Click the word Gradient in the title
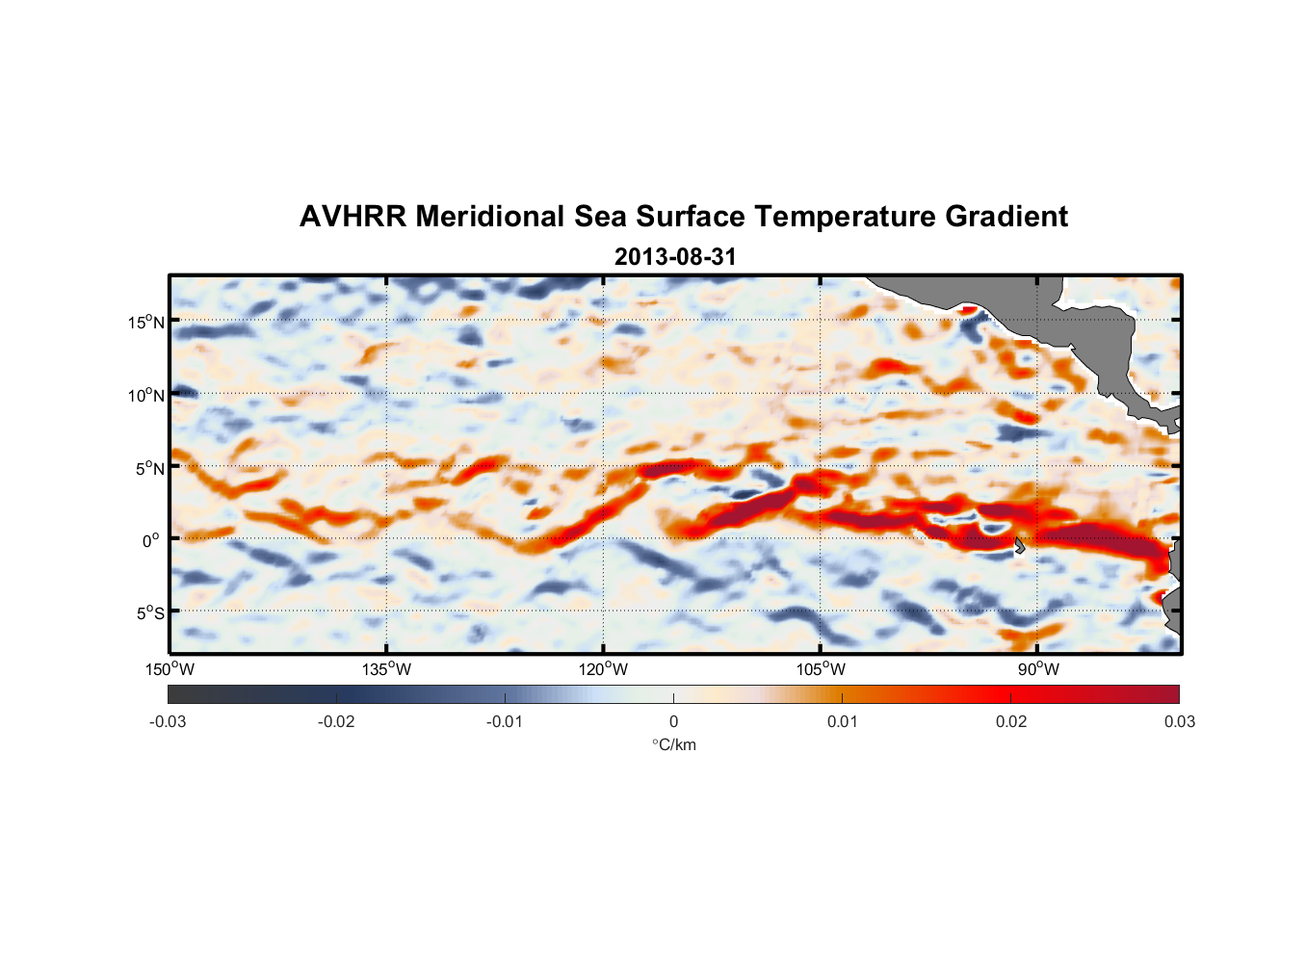1006,217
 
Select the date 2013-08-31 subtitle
675,257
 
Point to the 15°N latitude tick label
146,322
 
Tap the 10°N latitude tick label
146,395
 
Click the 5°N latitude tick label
150,468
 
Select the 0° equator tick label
151,540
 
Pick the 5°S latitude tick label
150,612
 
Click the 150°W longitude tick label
170,669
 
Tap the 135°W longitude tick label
387,669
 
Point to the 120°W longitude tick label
604,669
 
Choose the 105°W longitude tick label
821,669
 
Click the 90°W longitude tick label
1038,669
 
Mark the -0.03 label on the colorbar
168,721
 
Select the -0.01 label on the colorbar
505,721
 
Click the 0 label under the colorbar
673,721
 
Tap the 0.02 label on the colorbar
1010,721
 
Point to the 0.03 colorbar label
1179,721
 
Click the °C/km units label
673,744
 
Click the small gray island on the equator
1019,545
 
